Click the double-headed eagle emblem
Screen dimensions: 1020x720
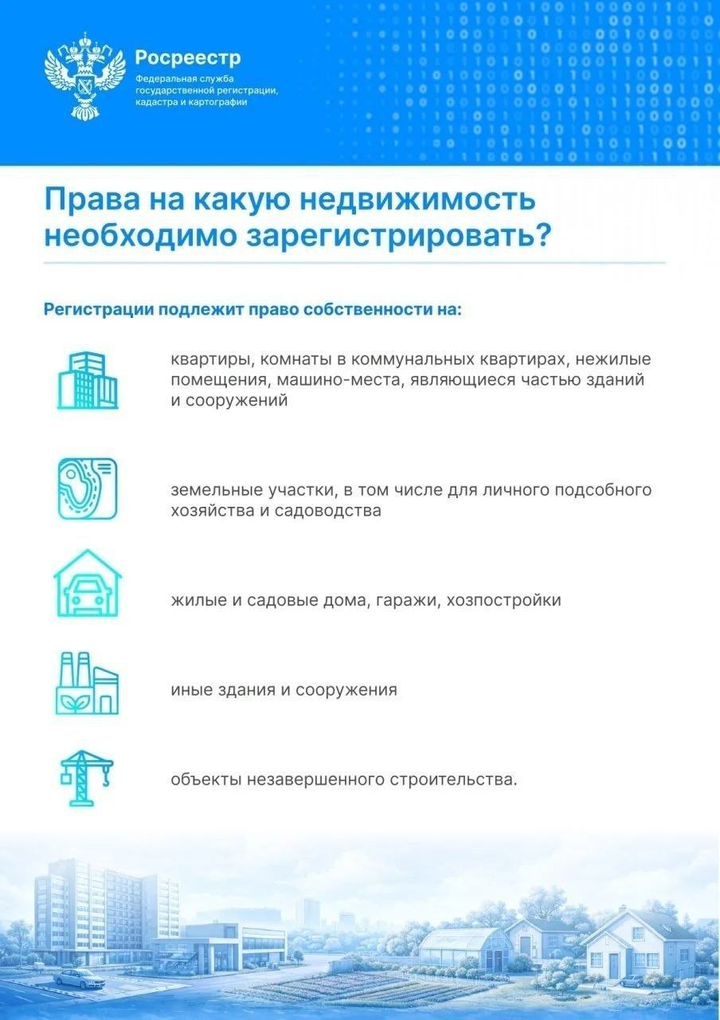(x=85, y=75)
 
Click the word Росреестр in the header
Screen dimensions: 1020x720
(x=187, y=57)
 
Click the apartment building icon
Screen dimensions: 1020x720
(x=88, y=380)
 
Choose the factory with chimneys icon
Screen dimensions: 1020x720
(x=88, y=682)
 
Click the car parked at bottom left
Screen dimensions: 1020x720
(x=80, y=978)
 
